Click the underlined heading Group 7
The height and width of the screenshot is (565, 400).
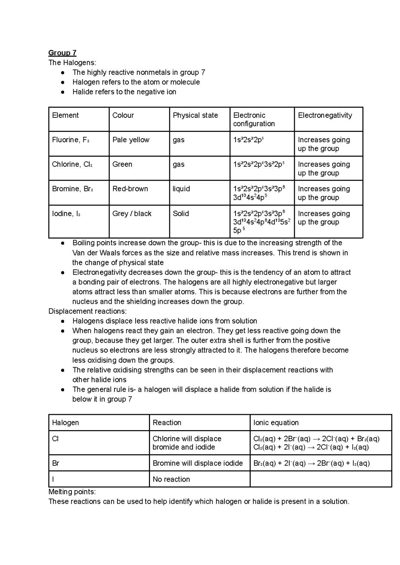tap(62, 53)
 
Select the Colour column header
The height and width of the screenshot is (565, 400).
tap(123, 115)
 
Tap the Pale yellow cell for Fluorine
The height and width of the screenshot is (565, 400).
tap(131, 140)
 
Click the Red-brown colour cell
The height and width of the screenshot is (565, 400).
tap(130, 189)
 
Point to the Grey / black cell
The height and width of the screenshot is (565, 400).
tap(132, 213)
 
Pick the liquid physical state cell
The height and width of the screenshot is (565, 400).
tap(181, 189)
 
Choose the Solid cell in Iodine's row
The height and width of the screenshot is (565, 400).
tap(181, 213)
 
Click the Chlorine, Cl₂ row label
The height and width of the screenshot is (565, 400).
tap(72, 164)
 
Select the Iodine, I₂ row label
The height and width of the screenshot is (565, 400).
tap(66, 213)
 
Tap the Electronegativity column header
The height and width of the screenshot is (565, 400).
tap(325, 115)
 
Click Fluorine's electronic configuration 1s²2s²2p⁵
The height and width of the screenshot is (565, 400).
tap(249, 140)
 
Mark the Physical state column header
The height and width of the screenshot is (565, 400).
tap(195, 115)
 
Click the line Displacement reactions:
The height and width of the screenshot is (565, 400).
tap(87, 311)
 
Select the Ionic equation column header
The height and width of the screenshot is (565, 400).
tap(276, 422)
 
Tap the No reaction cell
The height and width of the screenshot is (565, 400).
tap(171, 479)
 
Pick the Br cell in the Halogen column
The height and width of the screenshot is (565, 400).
tap(56, 463)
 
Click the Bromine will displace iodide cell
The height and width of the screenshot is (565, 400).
tap(198, 463)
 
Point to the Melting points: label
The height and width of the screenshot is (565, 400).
tap(72, 492)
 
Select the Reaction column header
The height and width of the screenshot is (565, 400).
tap(167, 422)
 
